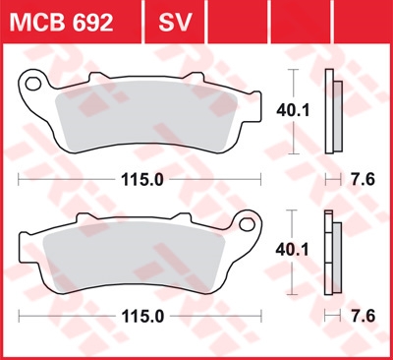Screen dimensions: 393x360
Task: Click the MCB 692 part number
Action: [x=61, y=23]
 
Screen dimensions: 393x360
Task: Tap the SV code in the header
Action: [x=175, y=23]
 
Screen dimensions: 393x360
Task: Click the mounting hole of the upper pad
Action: [x=33, y=84]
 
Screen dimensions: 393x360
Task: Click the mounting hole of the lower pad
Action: [x=247, y=224]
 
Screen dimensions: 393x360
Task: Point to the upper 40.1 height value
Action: [x=293, y=111]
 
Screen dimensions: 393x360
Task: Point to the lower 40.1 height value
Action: [x=292, y=251]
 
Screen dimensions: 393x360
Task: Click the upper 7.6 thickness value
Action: [x=363, y=180]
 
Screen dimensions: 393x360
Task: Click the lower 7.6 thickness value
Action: [x=363, y=317]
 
